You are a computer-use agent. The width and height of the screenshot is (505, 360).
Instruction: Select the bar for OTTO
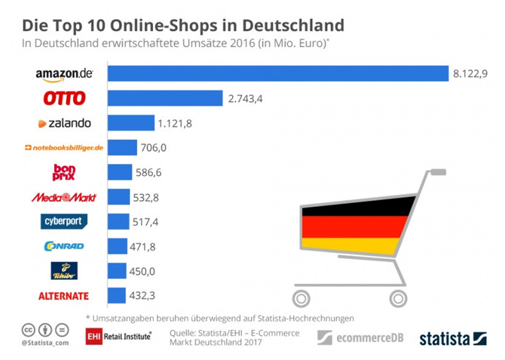pos(165,98)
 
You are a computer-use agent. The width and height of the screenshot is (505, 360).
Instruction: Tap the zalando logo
pos(65,123)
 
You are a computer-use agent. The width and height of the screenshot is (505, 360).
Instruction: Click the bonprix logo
pos(64,173)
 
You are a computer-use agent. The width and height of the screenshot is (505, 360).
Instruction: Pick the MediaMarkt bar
pos(118,197)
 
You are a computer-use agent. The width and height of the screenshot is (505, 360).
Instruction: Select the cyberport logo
pos(65,222)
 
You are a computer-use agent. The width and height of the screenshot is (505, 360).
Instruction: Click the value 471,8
pos(142,247)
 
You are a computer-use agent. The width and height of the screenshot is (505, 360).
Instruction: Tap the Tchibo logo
pos(65,271)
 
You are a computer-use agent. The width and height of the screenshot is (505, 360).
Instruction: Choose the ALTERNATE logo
pos(64,296)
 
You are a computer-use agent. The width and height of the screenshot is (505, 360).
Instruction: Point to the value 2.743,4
pos(245,99)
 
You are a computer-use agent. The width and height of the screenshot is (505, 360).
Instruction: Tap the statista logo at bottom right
pos(452,338)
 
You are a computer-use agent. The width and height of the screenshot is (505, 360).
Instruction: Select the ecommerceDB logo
pos(361,337)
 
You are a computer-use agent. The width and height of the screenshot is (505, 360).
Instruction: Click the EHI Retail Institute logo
pos(119,336)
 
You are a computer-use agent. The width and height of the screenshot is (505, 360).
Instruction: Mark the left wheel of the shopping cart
pos(303,297)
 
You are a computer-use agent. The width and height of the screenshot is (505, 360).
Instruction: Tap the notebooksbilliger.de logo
pos(64,148)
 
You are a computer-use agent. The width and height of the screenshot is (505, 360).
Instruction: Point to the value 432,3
pos(142,296)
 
